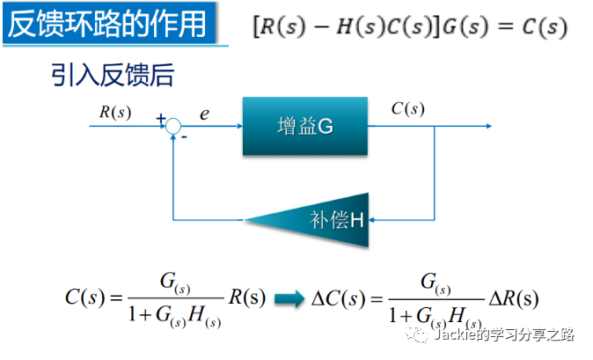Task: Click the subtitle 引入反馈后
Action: (112, 75)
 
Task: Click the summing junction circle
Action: (174, 127)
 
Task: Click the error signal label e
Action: (204, 113)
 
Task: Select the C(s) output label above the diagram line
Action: (407, 109)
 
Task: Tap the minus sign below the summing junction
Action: (185, 137)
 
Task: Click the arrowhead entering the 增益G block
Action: (238, 127)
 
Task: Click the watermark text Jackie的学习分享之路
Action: (503, 335)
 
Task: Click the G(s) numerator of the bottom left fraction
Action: (172, 283)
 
